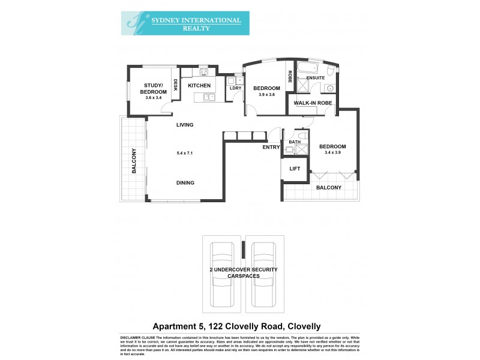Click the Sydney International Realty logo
click(185, 23)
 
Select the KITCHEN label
click(199, 86)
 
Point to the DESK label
click(175, 86)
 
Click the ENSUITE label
click(316, 78)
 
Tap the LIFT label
click(295, 169)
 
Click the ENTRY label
click(271, 147)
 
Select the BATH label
click(295, 142)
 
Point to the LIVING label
click(185, 125)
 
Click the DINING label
click(185, 183)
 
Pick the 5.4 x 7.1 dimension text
click(185, 154)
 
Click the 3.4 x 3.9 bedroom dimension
click(332, 153)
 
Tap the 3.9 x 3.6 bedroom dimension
click(266, 95)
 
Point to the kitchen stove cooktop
click(204, 73)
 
